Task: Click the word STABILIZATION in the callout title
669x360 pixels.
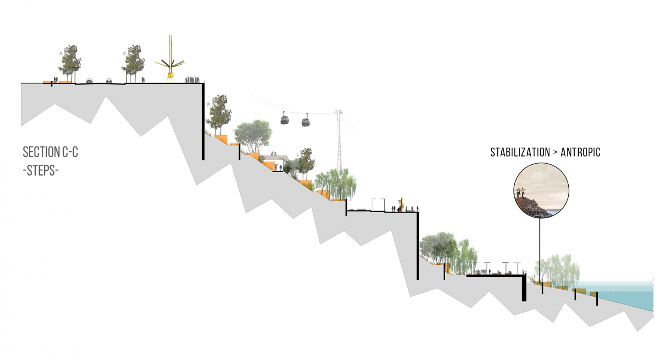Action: tap(520, 152)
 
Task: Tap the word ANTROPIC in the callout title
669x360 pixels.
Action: tap(580, 152)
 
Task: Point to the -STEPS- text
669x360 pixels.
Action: tap(41, 170)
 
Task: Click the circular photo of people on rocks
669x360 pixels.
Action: tap(541, 190)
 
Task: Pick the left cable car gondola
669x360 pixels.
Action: tap(285, 120)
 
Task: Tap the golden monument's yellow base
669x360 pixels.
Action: tap(171, 78)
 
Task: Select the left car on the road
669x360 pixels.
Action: tap(90, 80)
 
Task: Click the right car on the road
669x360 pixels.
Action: tap(109, 80)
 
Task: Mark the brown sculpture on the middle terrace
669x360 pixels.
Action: tap(401, 205)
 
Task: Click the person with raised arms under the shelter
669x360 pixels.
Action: tap(276, 166)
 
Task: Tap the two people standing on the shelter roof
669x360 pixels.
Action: tap(274, 153)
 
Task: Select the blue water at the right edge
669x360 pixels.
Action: tap(632, 298)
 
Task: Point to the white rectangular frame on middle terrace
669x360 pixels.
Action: tap(378, 205)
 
